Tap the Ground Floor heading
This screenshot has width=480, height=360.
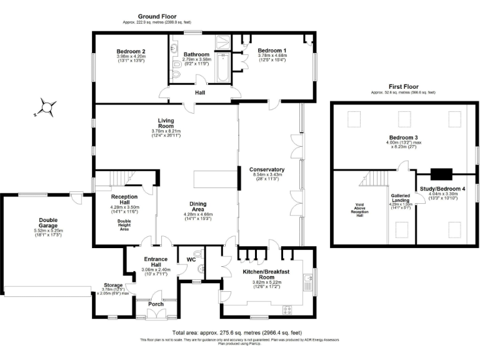[x=157, y=17]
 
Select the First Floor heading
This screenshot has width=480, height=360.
[x=403, y=86]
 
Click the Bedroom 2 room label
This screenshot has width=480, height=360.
[x=131, y=51]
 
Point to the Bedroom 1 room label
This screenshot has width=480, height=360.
[x=272, y=50]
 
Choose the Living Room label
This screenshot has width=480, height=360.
[x=166, y=122]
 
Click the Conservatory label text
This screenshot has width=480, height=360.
[x=267, y=169]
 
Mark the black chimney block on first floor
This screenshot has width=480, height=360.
[x=441, y=174]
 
